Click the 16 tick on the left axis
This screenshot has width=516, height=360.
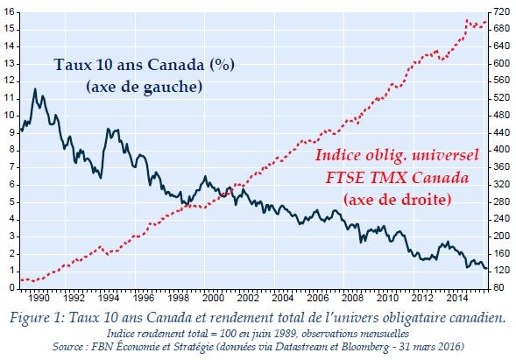(x=10, y=12)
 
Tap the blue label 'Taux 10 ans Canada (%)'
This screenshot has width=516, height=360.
(x=144, y=65)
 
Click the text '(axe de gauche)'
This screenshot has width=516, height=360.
(x=144, y=86)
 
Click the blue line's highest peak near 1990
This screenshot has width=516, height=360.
(x=35, y=88)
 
